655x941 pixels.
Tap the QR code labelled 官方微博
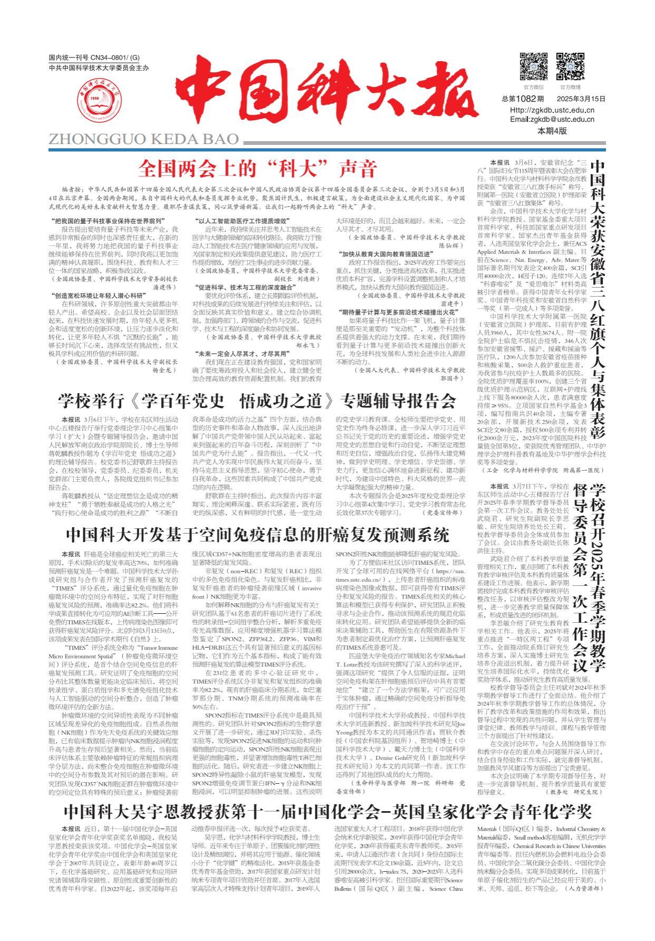570,66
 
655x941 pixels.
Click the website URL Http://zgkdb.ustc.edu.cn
552,110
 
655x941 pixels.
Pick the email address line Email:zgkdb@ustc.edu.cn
552,119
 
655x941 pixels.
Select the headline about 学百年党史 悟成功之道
257,401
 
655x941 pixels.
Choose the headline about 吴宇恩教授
327,810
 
